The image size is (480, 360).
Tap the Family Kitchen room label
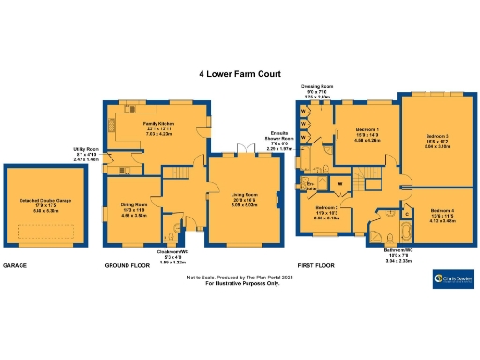click(158, 127)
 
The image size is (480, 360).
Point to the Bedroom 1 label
click(368, 136)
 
